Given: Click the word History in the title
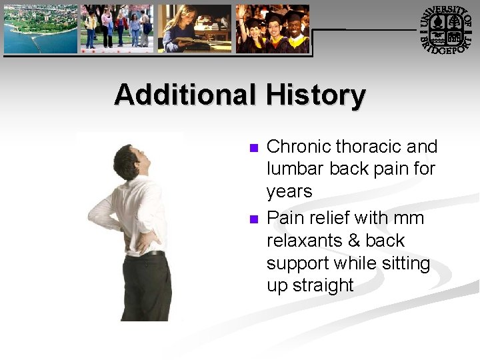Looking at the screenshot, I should point(315,95).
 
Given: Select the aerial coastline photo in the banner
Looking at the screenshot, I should point(40,29).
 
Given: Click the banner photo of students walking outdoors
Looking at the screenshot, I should point(117,29).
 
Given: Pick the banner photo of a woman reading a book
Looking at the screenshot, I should point(194,29).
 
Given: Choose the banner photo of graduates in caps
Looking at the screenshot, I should point(272,29).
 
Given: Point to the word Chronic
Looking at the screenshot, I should point(299,147).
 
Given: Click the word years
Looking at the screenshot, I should point(289,192).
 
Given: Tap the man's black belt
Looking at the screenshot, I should point(153,253).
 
